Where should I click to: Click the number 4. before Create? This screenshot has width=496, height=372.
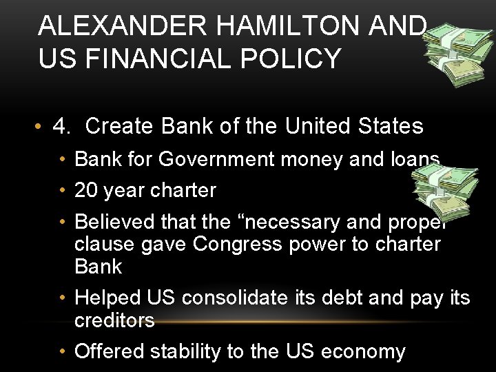63,126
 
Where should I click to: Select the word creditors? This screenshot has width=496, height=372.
114,320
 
